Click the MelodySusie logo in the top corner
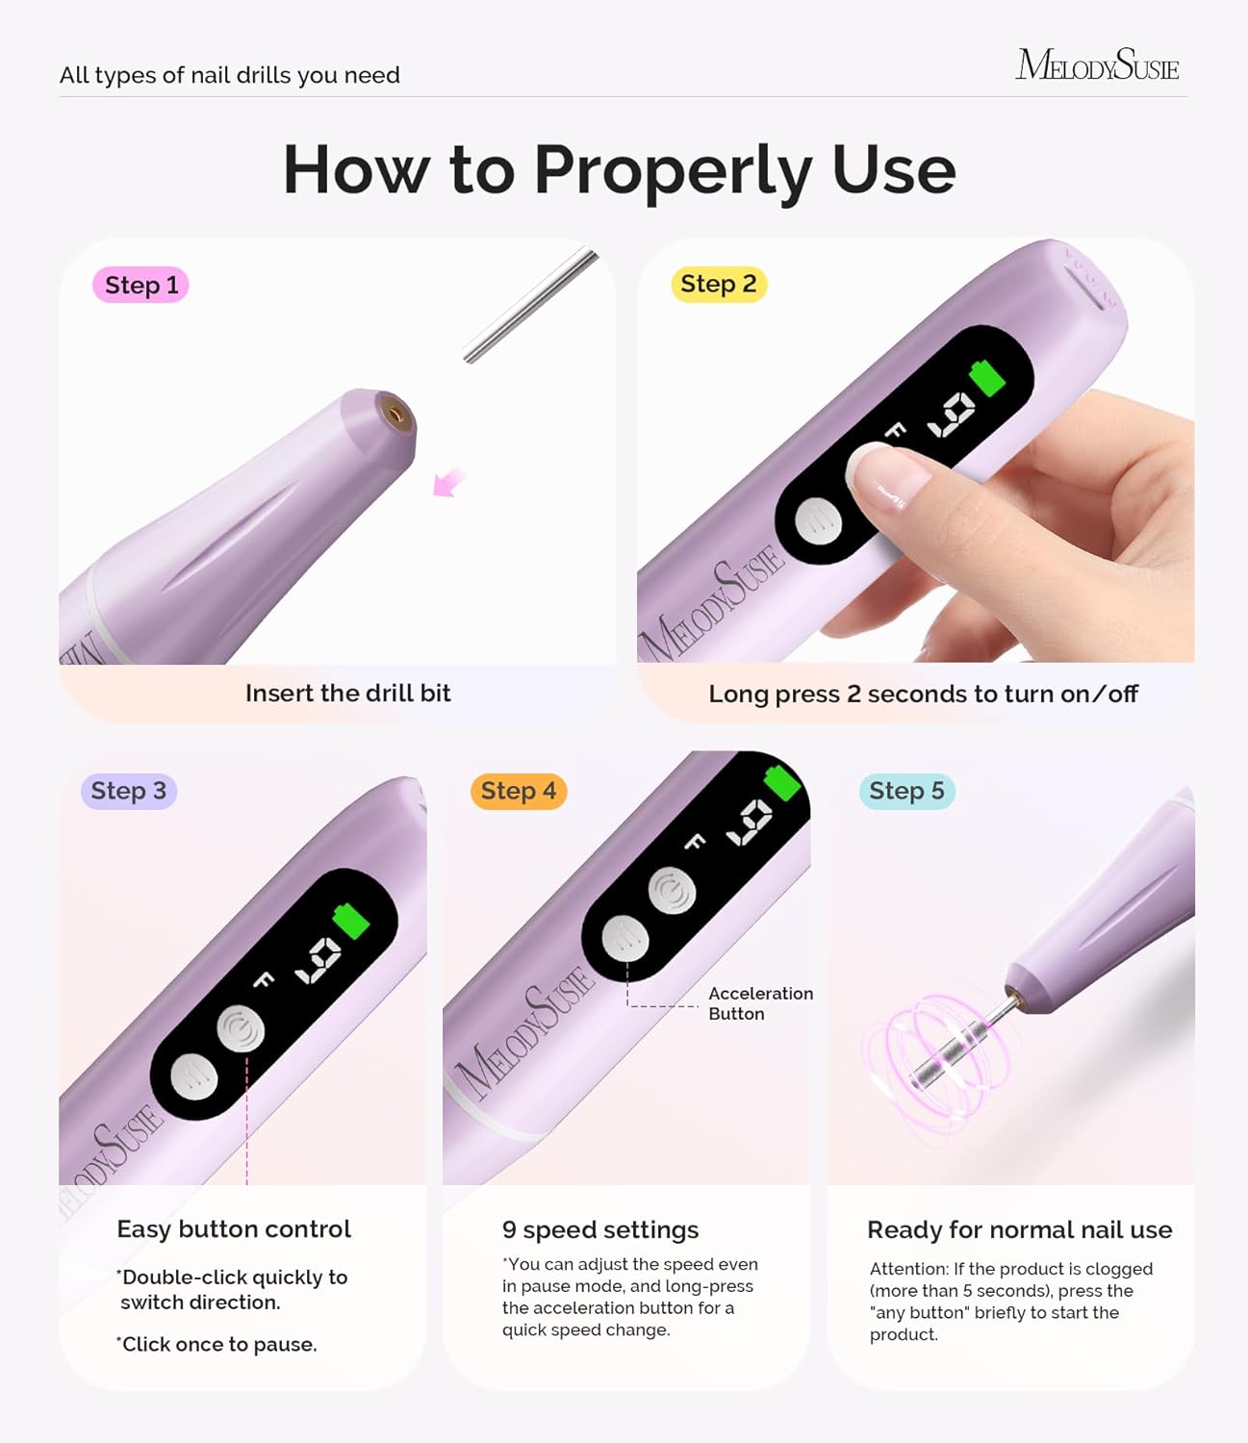(1097, 64)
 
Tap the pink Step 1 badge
(140, 285)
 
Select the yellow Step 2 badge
(718, 284)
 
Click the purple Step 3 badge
(128, 791)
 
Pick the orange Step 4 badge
(518, 791)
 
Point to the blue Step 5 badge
(906, 791)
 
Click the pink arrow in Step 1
(447, 481)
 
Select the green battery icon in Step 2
(987, 376)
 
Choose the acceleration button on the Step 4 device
(625, 938)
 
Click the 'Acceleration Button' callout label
(760, 1003)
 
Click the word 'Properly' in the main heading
(673, 170)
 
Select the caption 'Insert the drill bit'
(347, 693)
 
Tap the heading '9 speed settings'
(599, 1229)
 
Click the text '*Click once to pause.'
(216, 1344)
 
